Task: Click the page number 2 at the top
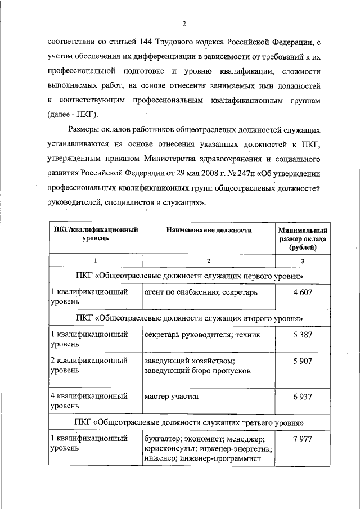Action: (x=183, y=23)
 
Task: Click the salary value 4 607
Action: (x=302, y=292)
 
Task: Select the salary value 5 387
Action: (x=302, y=335)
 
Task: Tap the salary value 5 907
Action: (x=302, y=361)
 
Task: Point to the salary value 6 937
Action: (x=302, y=397)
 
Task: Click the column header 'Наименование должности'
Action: (x=208, y=230)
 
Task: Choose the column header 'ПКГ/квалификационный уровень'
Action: (x=96, y=234)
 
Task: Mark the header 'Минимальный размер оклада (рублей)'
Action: (x=303, y=238)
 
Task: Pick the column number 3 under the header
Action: (x=303, y=261)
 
